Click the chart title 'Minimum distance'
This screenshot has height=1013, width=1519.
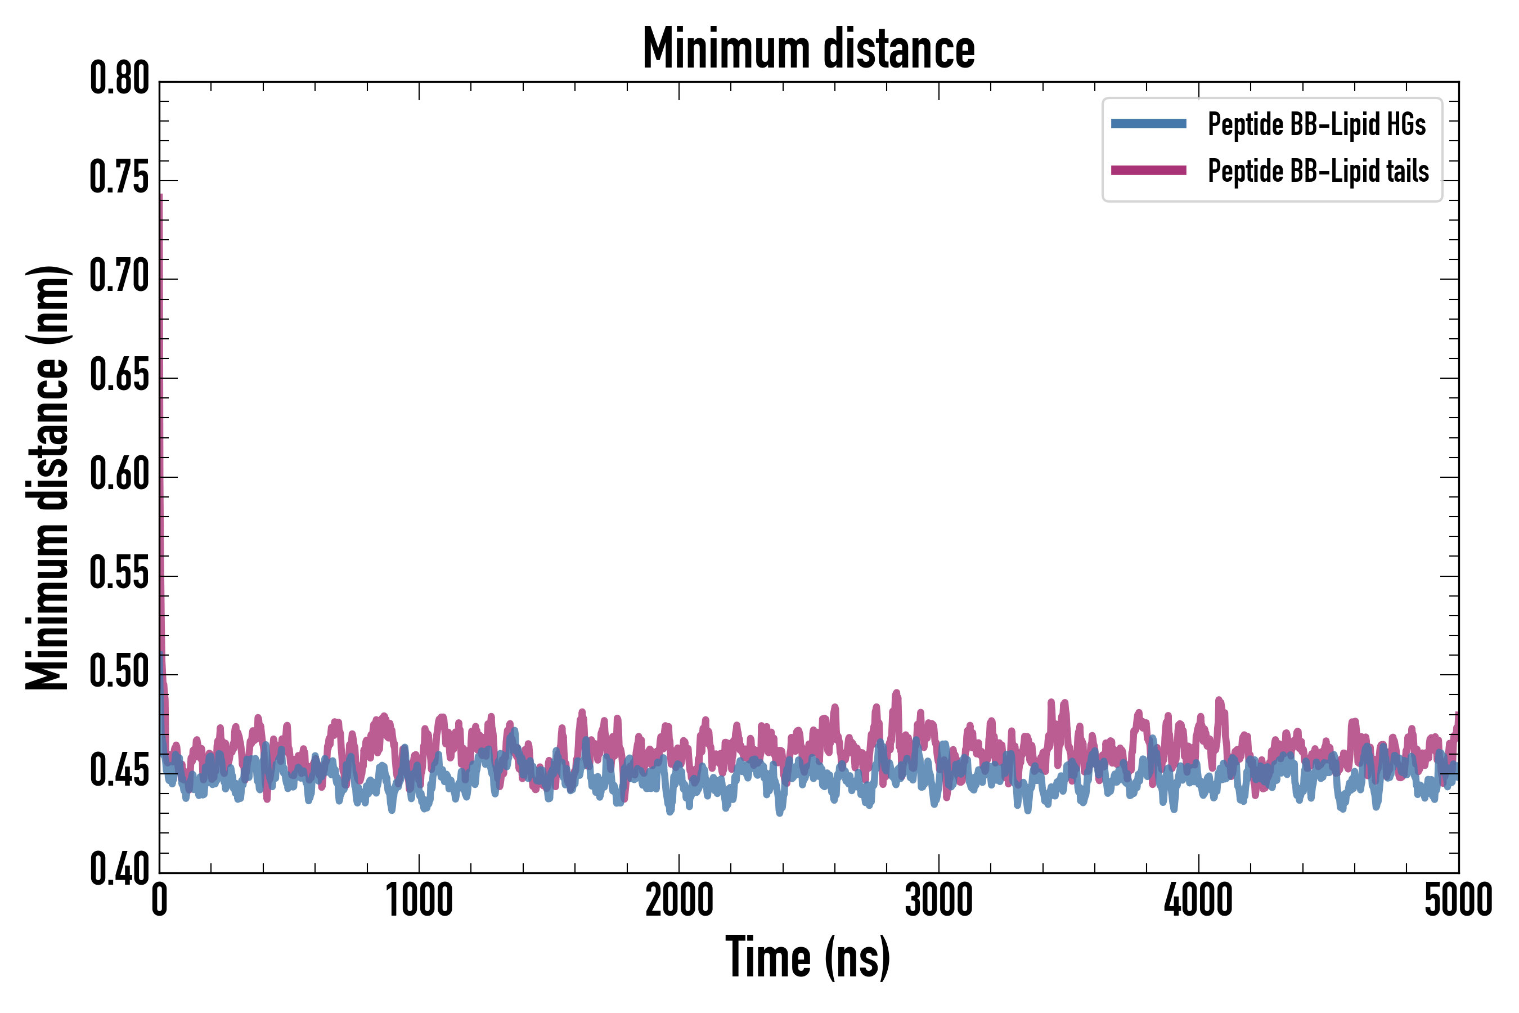(x=808, y=48)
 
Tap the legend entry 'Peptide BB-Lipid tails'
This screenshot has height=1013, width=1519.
(x=1318, y=171)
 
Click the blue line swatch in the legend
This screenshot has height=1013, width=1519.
(x=1148, y=124)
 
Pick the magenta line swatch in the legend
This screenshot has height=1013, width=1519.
(x=1148, y=171)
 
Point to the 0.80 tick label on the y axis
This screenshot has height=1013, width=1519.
(x=119, y=79)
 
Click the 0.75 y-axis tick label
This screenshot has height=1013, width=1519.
(x=119, y=178)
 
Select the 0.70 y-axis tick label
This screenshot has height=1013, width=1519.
(x=119, y=276)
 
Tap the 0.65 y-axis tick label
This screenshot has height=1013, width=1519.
(x=119, y=375)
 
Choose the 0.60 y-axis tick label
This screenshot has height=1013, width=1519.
(x=119, y=474)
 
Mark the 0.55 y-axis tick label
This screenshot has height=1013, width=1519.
(x=119, y=573)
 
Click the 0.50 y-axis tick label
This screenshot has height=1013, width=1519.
(x=119, y=672)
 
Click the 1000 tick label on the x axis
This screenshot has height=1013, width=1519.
(x=419, y=900)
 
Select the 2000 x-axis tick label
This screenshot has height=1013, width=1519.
(x=679, y=900)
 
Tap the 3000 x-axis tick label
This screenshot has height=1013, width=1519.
(x=938, y=900)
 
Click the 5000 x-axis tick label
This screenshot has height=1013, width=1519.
(x=1458, y=900)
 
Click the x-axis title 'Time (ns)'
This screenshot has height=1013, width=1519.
(x=808, y=957)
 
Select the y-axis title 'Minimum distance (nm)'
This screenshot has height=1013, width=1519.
(x=47, y=477)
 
